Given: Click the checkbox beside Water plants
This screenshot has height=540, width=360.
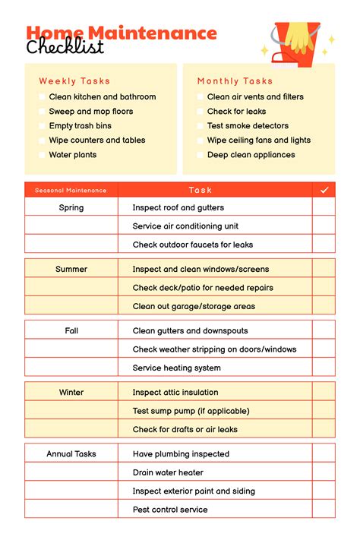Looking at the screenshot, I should tap(43, 155).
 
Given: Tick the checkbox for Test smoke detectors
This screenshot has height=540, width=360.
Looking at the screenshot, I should tap(201, 126).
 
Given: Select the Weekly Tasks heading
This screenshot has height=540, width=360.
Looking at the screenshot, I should tap(74, 81).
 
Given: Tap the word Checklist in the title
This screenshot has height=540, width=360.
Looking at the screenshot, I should tap(65, 47).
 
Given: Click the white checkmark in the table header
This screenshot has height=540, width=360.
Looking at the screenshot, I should tap(324, 190).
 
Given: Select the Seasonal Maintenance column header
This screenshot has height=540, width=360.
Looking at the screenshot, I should tap(71, 190).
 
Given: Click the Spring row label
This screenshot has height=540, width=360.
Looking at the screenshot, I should tap(71, 207).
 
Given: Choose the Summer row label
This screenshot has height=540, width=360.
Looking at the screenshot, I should tap(71, 269).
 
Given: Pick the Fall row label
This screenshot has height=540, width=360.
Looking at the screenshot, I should tap(71, 330).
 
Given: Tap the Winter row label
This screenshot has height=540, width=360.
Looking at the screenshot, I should tap(71, 392).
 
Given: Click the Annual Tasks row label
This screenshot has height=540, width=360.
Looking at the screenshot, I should tap(71, 453).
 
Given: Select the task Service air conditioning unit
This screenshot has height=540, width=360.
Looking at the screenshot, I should tap(185, 226).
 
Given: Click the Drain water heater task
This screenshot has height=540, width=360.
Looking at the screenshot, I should tap(168, 472).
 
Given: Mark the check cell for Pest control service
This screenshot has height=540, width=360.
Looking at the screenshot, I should tap(324, 510).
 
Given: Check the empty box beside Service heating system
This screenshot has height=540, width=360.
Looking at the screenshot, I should tap(324, 368).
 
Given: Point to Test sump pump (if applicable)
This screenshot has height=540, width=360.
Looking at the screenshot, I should tap(191, 411).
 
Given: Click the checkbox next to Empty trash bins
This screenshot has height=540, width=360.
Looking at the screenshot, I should tap(43, 126).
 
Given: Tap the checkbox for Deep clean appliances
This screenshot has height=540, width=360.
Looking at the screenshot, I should tap(201, 155).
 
